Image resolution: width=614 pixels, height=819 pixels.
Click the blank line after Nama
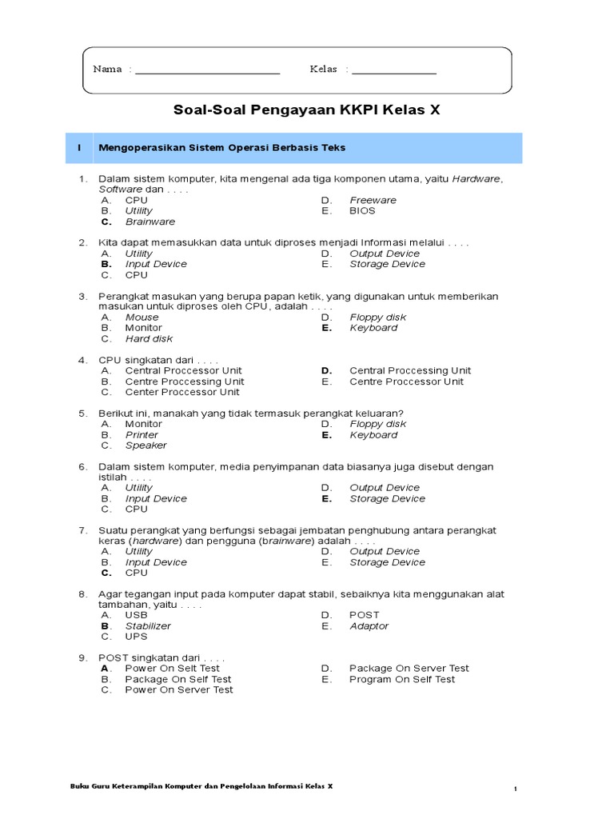[208, 72]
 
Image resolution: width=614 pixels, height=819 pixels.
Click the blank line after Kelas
[394, 72]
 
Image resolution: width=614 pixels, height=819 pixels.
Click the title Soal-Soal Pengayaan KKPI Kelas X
[307, 111]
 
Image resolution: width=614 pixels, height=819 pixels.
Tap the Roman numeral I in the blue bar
[79, 148]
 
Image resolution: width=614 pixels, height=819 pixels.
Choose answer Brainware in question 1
[150, 222]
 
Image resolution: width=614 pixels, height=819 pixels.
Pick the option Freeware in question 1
[373, 200]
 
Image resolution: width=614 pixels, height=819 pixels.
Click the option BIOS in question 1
[362, 210]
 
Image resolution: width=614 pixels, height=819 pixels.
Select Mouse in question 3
[142, 317]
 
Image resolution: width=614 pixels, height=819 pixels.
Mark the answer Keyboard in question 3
[373, 328]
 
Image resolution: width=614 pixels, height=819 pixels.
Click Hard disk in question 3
[149, 338]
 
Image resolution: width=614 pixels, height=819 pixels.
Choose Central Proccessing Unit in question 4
[410, 370]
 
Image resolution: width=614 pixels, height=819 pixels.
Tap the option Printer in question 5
[142, 434]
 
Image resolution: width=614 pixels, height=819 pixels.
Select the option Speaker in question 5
[146, 445]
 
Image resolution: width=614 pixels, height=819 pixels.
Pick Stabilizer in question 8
[148, 626]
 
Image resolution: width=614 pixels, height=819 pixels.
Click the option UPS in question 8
[137, 637]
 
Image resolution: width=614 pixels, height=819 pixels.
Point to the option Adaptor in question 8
[369, 626]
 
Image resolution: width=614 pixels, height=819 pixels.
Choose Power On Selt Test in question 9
[172, 668]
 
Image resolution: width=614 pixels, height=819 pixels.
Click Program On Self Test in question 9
[402, 679]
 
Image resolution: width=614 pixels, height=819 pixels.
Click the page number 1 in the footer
[516, 789]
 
